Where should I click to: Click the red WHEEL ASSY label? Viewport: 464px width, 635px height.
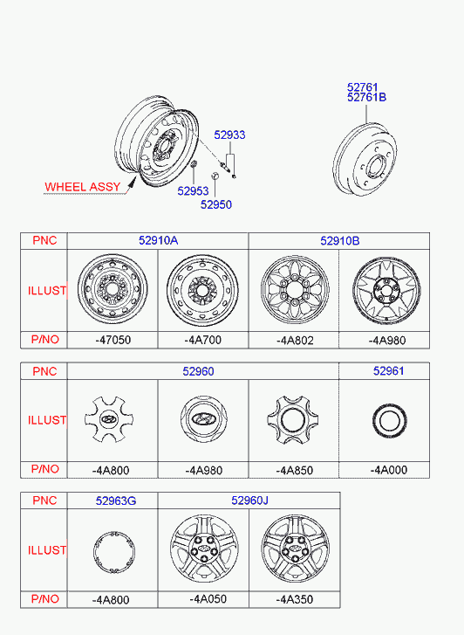[83, 187]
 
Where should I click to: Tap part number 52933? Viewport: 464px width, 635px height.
[229, 135]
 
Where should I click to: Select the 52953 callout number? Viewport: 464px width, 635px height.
[193, 190]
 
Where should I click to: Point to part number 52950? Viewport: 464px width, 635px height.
[216, 204]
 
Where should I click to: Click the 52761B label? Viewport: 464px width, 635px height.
[366, 97]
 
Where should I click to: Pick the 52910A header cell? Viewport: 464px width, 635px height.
[158, 240]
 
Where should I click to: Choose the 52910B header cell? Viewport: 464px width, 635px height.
[340, 241]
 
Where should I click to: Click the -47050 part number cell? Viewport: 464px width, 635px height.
[113, 340]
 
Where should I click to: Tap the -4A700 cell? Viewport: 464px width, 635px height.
[202, 340]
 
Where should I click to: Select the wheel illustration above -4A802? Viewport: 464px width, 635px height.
[295, 289]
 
